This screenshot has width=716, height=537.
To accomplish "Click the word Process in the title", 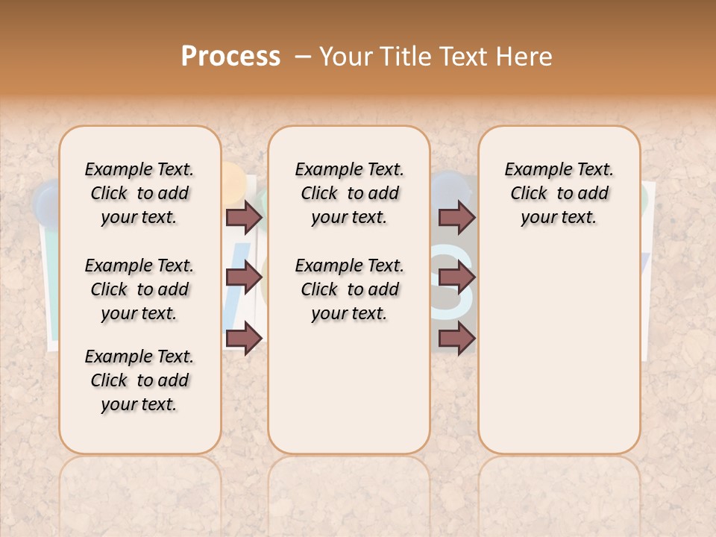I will pos(230,57).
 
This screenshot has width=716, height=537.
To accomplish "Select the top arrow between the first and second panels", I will pos(244,218).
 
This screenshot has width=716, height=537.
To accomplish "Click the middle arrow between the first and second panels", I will pos(244,278).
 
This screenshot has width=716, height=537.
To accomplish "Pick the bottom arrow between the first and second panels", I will pos(244,339).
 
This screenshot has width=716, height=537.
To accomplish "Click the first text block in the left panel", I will pos(139,193).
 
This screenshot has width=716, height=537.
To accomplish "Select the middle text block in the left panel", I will pos(139,289).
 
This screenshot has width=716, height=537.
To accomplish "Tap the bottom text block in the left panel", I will pos(139,380).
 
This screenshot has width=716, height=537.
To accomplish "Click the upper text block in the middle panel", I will pos(349,193).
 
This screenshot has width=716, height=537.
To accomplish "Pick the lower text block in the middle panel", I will pos(349,289).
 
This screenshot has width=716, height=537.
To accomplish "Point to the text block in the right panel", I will pos(559,193).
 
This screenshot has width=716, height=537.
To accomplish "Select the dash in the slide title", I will pos(302,57).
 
